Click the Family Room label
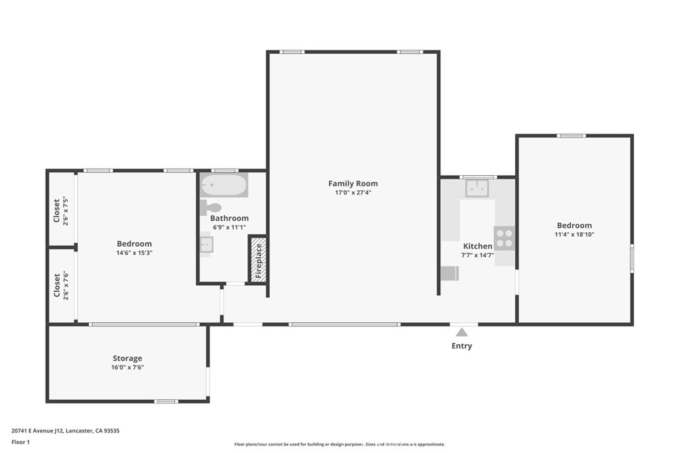pyautogui.click(x=353, y=184)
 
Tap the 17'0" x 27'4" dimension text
pyautogui.click(x=353, y=193)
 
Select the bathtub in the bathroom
pyautogui.click(x=224, y=185)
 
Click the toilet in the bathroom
pyautogui.click(x=211, y=207)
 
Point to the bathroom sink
pyautogui.click(x=206, y=244)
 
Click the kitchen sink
pyautogui.click(x=477, y=188)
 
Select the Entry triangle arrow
pyautogui.click(x=462, y=332)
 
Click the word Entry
pyautogui.click(x=462, y=346)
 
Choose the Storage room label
pyautogui.click(x=127, y=358)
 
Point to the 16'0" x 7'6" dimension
pyautogui.click(x=127, y=367)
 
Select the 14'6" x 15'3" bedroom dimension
pyautogui.click(x=134, y=253)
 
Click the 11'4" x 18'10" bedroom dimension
pyautogui.click(x=574, y=234)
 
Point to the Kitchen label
pyautogui.click(x=477, y=246)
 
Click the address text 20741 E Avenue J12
pyautogui.click(x=38, y=430)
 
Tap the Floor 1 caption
pyautogui.click(x=21, y=442)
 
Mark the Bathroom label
pyautogui.click(x=229, y=218)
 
